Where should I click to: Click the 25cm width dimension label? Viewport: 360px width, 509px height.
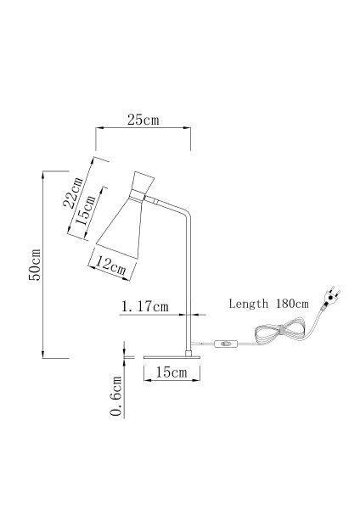pyautogui.click(x=143, y=120)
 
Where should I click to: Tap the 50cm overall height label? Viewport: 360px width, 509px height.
pyautogui.click(x=35, y=265)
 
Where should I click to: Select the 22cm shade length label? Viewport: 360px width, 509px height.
pyautogui.click(x=73, y=193)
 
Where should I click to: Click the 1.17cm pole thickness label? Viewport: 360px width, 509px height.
pyautogui.click(x=145, y=306)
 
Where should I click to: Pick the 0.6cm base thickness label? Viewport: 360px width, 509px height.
pyautogui.click(x=116, y=396)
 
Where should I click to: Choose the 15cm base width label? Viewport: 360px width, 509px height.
pyautogui.click(x=172, y=372)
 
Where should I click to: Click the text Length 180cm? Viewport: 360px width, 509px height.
pyautogui.click(x=268, y=304)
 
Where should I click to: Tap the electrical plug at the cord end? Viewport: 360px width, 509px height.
pyautogui.click(x=331, y=296)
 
